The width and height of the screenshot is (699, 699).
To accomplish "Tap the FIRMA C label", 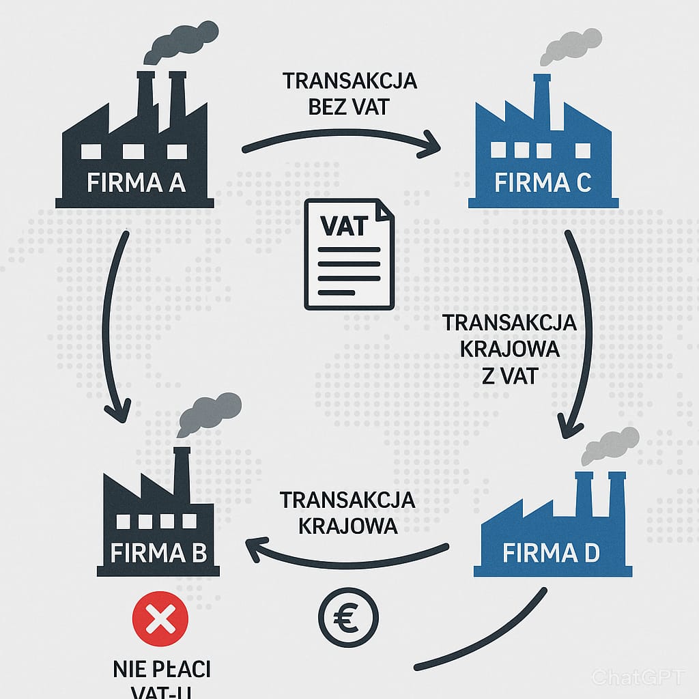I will (543, 183).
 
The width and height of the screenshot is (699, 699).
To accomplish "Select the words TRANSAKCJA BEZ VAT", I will (350, 94).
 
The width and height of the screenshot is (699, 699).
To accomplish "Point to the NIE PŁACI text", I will (161, 669).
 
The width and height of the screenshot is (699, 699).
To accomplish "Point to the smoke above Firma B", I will (208, 412).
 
